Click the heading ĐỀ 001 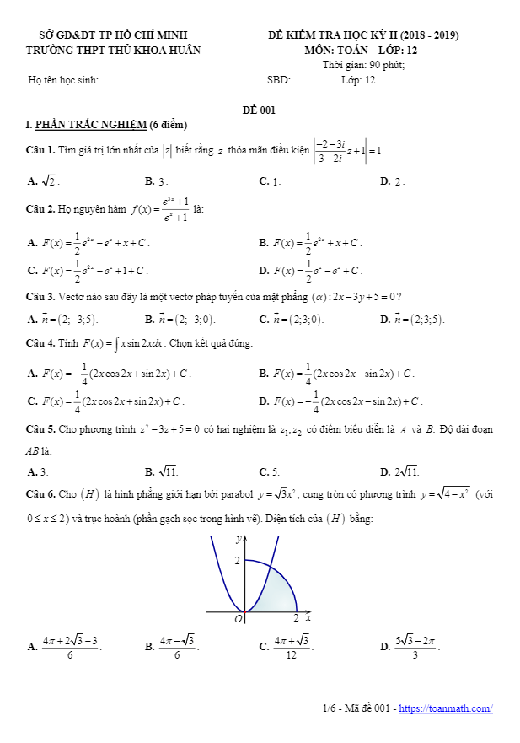(x=259, y=110)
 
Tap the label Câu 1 (x=40, y=151)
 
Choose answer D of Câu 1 (x=393, y=181)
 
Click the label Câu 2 (x=40, y=209)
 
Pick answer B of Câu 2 (x=310, y=243)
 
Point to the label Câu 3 (x=40, y=296)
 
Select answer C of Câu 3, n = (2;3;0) (x=292, y=320)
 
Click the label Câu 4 (x=40, y=344)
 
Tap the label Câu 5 (x=40, y=429)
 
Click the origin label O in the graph (x=238, y=619)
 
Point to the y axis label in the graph (x=239, y=538)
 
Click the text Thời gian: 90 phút (x=363, y=65)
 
